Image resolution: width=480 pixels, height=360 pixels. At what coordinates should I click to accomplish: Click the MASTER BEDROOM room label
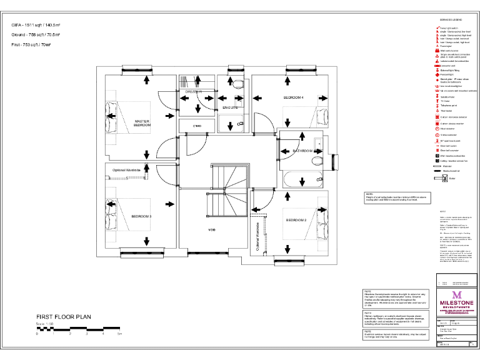(142, 123)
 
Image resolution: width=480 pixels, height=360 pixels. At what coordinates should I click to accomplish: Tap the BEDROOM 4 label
(293, 98)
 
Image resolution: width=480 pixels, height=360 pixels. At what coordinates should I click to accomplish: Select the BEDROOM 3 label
(141, 216)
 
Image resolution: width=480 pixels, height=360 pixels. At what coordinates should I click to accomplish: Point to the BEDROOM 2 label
(296, 221)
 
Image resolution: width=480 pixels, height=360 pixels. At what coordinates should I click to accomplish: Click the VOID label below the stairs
(212, 230)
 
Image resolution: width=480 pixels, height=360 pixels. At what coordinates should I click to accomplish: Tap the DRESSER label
(193, 92)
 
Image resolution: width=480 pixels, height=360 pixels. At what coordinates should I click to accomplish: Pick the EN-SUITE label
(230, 107)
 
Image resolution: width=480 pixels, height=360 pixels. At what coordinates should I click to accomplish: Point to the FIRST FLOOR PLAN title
(64, 317)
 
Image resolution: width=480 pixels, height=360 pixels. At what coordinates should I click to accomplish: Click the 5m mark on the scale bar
(119, 335)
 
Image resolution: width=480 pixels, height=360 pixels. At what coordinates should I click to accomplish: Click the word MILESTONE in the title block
(456, 303)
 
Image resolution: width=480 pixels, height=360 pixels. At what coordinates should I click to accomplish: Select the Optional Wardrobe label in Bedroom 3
(126, 170)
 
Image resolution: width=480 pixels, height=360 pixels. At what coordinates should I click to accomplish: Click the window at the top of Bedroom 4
(299, 67)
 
